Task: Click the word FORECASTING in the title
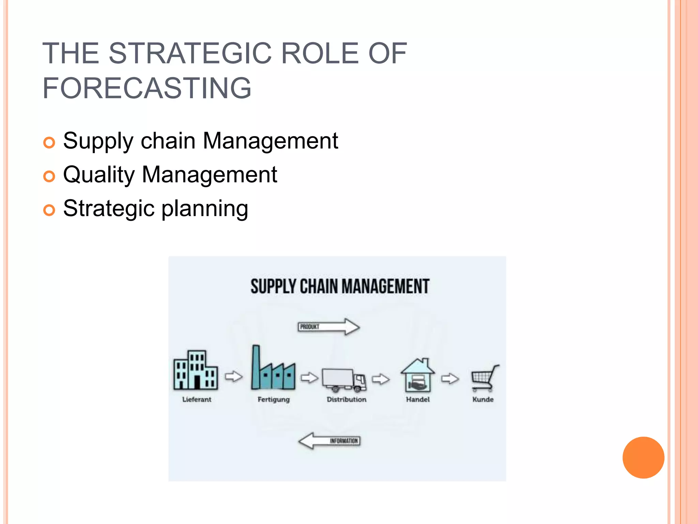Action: pos(147,88)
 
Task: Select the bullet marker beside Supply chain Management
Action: pos(49,143)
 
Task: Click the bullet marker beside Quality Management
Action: pos(49,176)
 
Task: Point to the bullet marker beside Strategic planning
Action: pos(49,210)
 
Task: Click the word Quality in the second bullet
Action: pos(99,175)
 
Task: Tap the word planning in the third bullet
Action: pos(204,209)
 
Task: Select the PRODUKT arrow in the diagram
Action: pos(329,327)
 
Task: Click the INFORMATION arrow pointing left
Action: pos(329,441)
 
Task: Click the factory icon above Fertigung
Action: pos(273,370)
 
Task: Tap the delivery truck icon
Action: pos(344,380)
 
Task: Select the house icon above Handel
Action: pos(418,375)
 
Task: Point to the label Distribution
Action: pos(346,399)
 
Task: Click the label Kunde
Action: pos(483,399)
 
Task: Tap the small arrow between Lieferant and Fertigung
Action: pos(234,377)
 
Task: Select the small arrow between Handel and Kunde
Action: pos(450,379)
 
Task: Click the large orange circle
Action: pos(643,457)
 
